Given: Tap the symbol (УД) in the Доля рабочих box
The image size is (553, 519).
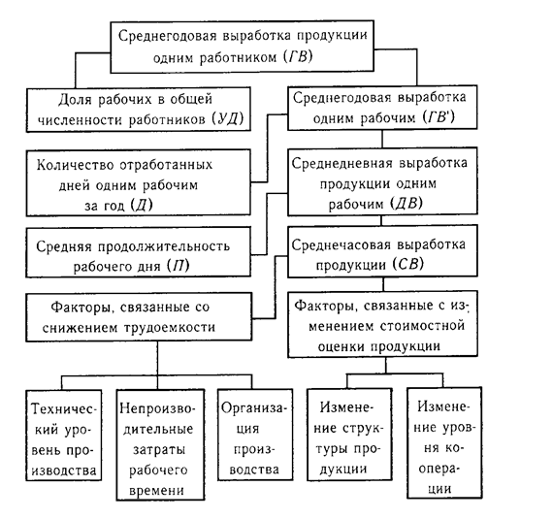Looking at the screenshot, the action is coord(228,118).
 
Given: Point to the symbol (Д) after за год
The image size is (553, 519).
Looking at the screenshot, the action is coord(142,205).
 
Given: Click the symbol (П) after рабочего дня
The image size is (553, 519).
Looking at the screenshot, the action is coord(179,266).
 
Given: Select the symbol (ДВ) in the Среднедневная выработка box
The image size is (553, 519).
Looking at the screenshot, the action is coord(407,204).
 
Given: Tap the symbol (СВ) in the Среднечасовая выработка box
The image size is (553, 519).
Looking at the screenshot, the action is coord(408,265).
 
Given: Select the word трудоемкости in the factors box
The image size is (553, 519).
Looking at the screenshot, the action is coord(170,328).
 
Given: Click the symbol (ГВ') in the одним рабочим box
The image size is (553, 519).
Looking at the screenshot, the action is coord(439,117).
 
